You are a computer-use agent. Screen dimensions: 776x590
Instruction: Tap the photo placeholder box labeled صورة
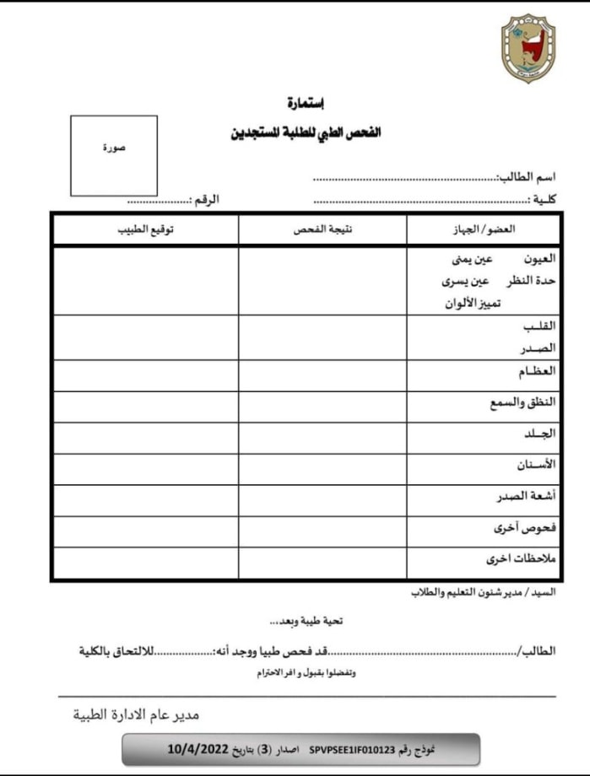pyautogui.click(x=114, y=155)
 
